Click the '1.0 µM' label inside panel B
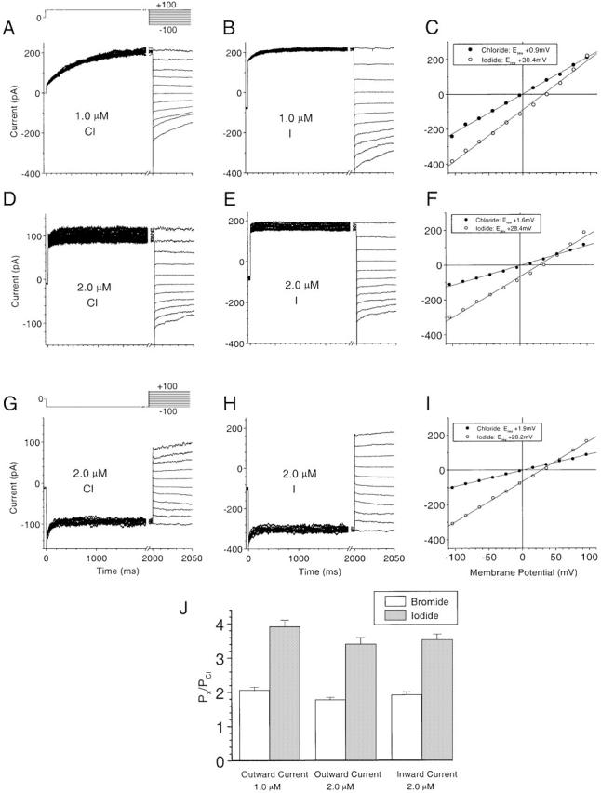click(x=297, y=118)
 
